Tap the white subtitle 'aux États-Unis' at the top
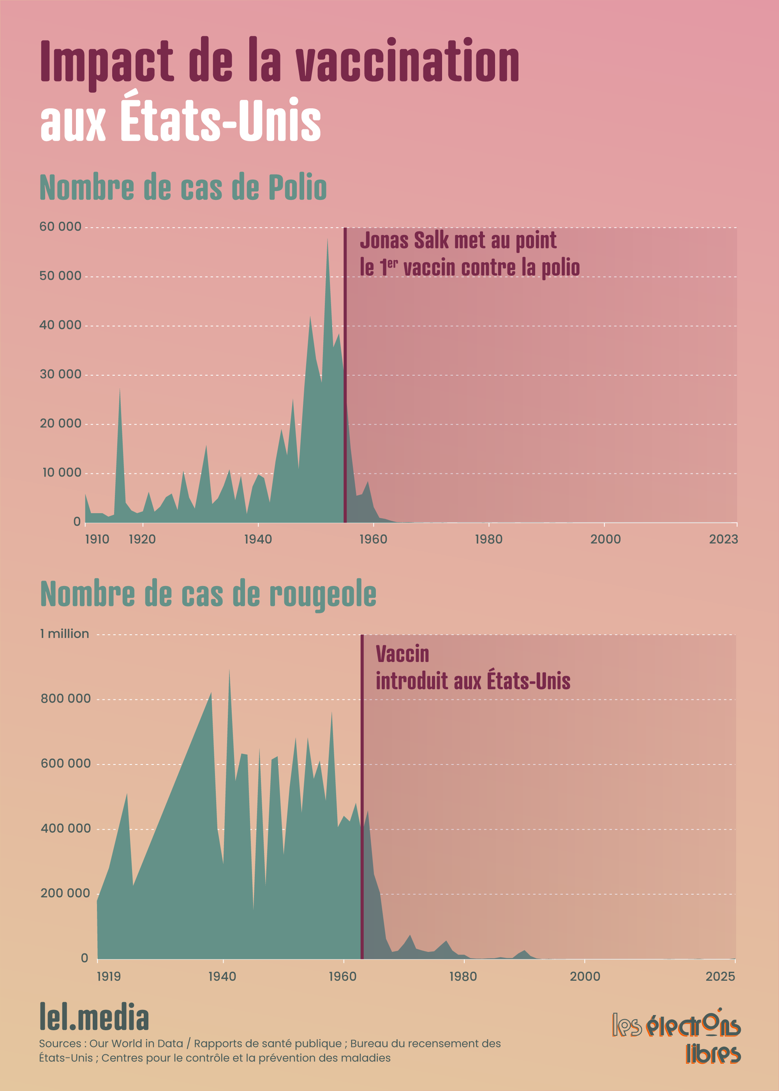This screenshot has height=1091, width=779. coord(180,120)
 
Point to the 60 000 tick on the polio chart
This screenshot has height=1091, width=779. coord(60,226)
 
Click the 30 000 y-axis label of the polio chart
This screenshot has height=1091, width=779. coord(60,374)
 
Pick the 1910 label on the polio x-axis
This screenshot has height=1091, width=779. coord(97,539)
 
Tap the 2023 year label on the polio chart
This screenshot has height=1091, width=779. coord(723,539)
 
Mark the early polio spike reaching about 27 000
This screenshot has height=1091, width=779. coord(120,391)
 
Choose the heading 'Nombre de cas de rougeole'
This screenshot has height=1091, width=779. coord(208,595)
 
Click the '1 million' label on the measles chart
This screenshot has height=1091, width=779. coord(64,634)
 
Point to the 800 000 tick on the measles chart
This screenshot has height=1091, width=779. coord(65,699)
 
